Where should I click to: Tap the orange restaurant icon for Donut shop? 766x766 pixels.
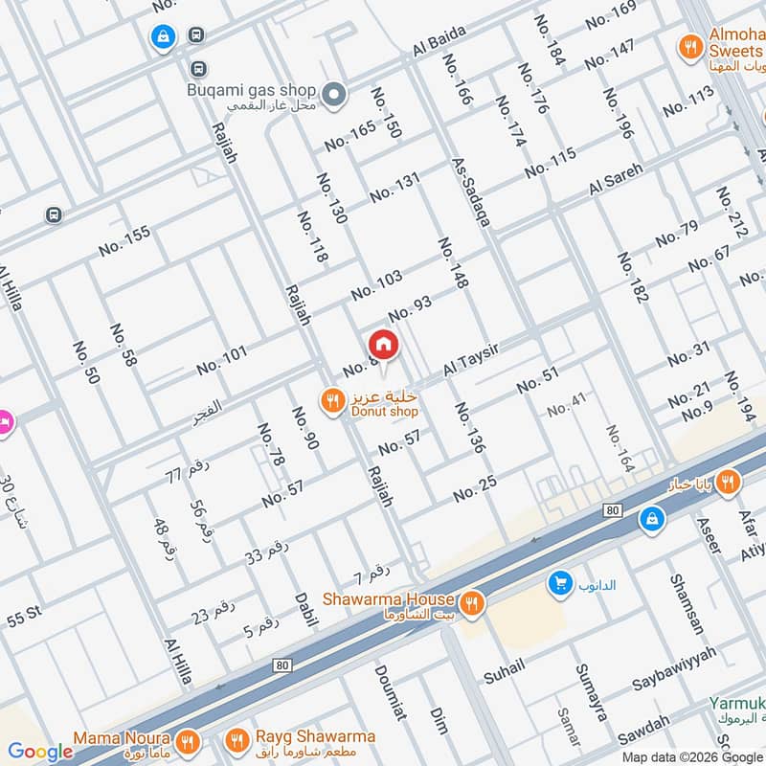(x=332, y=401)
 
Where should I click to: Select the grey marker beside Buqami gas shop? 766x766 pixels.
(x=333, y=94)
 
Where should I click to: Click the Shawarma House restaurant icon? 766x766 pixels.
(x=470, y=603)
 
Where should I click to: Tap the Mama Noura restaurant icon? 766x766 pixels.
(x=189, y=741)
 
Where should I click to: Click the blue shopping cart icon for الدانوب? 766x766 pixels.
(x=559, y=582)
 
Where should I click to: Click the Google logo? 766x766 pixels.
(x=41, y=752)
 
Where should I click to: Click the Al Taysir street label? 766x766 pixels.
(x=473, y=361)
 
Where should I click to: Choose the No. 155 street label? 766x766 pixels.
(x=124, y=240)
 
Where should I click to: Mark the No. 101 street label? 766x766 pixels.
(x=221, y=360)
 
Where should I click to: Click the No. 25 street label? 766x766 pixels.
(x=475, y=489)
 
